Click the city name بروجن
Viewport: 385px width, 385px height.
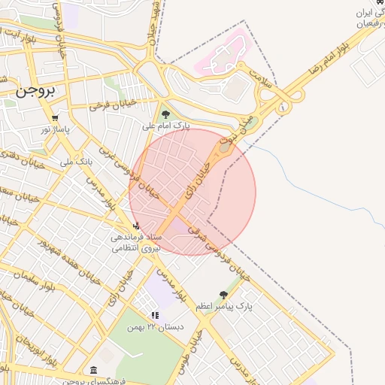pyautogui.click(x=35, y=90)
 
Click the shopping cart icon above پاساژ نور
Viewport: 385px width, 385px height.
pyautogui.click(x=55, y=118)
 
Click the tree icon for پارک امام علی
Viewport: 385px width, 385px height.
pyautogui.click(x=165, y=114)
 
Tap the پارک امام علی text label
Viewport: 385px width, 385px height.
pyautogui.click(x=166, y=126)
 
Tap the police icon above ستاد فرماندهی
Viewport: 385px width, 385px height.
pyautogui.click(x=135, y=225)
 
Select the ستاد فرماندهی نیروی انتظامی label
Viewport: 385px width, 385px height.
pyautogui.click(x=131, y=243)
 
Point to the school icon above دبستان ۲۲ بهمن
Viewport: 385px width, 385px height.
pyautogui.click(x=155, y=316)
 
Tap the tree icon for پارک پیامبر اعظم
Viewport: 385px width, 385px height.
pyautogui.click(x=223, y=295)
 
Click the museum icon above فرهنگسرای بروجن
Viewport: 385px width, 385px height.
pyautogui.click(x=92, y=370)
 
